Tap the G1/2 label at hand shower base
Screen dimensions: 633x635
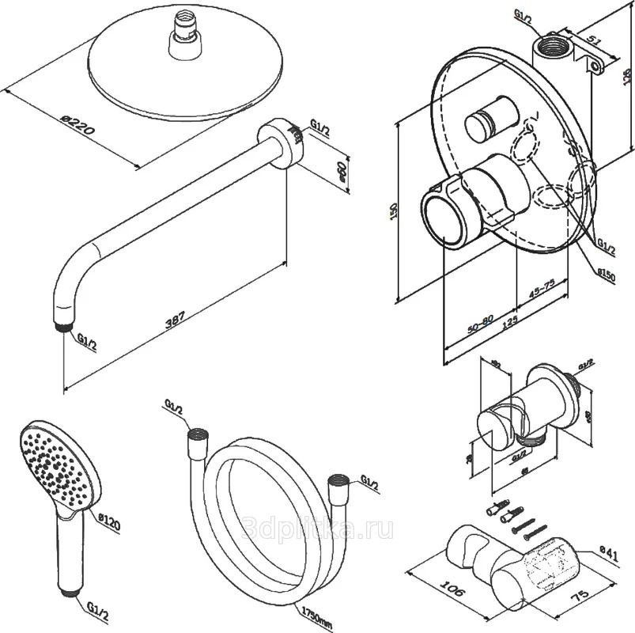tap(97, 608)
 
